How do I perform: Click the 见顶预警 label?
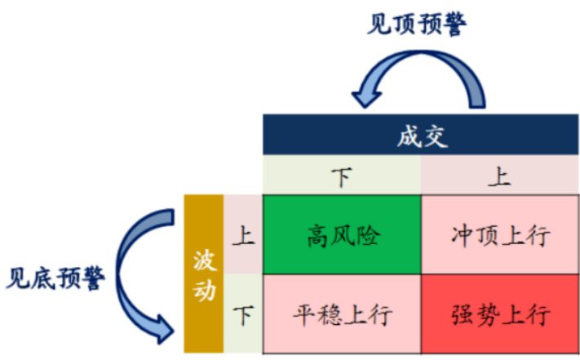pyautogui.click(x=417, y=24)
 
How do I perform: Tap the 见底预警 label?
pyautogui.click(x=55, y=280)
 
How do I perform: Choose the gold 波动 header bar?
pyautogui.click(x=204, y=274)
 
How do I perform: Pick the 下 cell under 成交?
pyautogui.click(x=342, y=176)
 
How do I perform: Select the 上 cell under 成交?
pyautogui.click(x=500, y=176)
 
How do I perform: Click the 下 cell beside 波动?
pyautogui.click(x=243, y=313)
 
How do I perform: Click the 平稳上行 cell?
pyautogui.click(x=342, y=313)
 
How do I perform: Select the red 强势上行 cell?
pyautogui.click(x=500, y=313)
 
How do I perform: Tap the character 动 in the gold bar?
pyautogui.click(x=204, y=290)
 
